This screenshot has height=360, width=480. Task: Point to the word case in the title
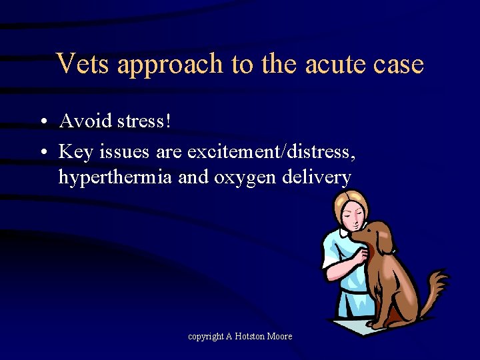(x=399, y=64)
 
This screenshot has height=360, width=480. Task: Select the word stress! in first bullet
(x=142, y=121)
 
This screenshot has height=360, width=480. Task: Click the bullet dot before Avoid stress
(x=42, y=123)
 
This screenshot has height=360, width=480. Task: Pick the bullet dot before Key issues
(x=42, y=153)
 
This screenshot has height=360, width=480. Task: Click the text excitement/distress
(x=271, y=152)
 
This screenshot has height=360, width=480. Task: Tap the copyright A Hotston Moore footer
(x=240, y=337)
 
